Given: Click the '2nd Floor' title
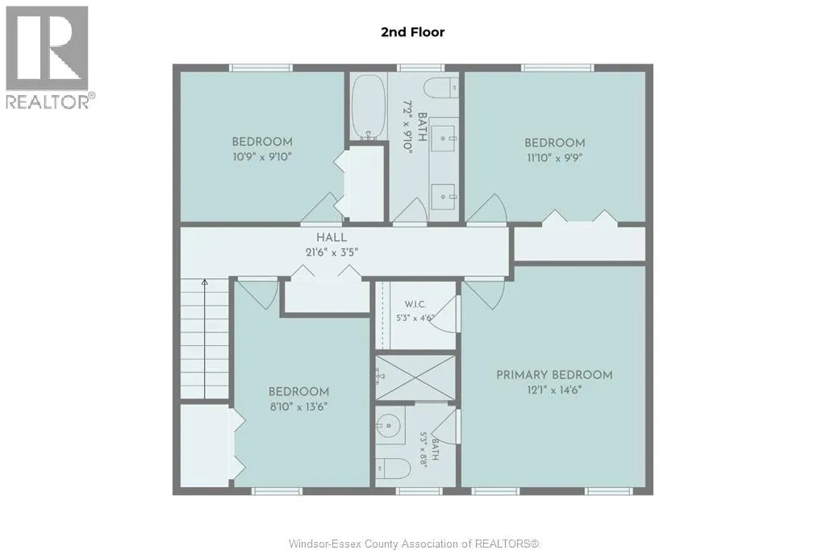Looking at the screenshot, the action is (x=412, y=32).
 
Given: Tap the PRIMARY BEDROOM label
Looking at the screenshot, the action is (x=554, y=375).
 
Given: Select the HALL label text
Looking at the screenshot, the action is (x=332, y=238).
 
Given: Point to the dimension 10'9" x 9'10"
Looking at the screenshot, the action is (x=262, y=156).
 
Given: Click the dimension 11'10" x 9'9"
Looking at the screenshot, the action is (x=554, y=157).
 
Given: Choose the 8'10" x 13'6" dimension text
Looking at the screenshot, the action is (x=298, y=406).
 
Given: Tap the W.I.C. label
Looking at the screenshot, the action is (x=415, y=305).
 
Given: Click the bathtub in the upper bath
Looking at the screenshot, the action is (x=368, y=107).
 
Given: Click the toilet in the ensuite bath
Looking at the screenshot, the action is (x=393, y=468).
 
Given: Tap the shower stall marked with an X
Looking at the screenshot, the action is (x=415, y=377).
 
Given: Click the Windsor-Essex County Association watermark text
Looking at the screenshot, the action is (x=414, y=544).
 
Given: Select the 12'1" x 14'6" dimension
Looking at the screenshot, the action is (x=554, y=390).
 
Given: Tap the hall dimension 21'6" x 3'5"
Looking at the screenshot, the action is (x=332, y=252).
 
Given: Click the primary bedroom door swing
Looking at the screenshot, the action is (x=485, y=294).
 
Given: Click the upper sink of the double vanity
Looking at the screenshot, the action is (x=444, y=137).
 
